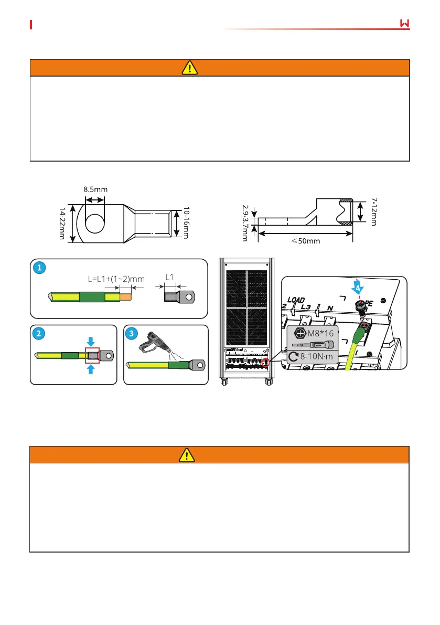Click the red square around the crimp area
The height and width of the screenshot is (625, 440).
pyautogui.click(x=92, y=355)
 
